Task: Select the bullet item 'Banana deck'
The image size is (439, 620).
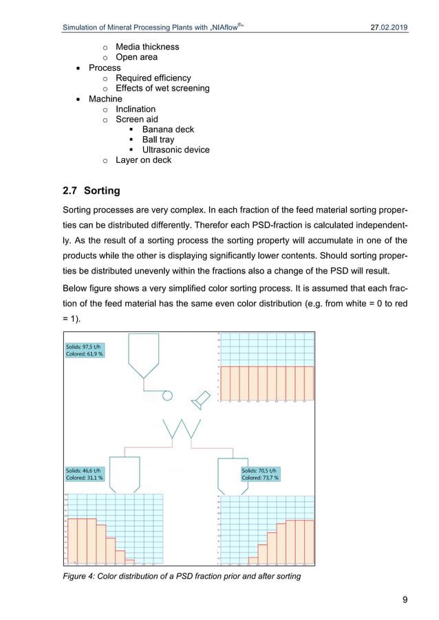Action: pyautogui.click(x=168, y=129)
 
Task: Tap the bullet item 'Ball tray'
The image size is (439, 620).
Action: pyautogui.click(x=158, y=140)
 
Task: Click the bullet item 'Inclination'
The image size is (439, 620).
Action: pyautogui.click(x=135, y=109)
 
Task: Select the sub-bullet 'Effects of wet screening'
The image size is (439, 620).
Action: pyautogui.click(x=162, y=88)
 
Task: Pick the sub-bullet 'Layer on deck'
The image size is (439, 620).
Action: pyautogui.click(x=143, y=160)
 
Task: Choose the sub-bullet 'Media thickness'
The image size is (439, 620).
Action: pyautogui.click(x=147, y=47)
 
